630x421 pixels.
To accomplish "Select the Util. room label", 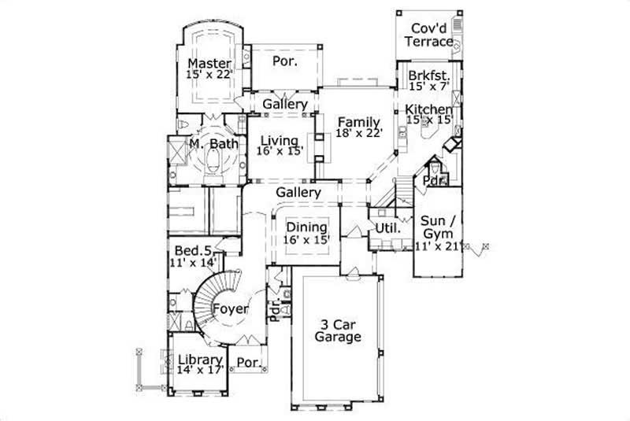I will [385, 228].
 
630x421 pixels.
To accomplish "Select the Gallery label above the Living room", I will [284, 105].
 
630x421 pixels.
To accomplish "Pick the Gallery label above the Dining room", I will [298, 192].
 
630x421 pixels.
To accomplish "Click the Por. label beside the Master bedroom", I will [284, 61].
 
